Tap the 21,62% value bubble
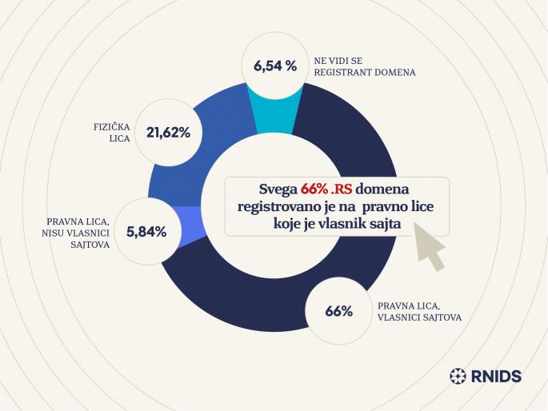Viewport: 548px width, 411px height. click(168, 133)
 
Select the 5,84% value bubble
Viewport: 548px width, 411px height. click(146, 232)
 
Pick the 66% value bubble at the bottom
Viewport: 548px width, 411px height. click(338, 311)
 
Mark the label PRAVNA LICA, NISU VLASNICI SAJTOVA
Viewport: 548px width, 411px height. click(74, 231)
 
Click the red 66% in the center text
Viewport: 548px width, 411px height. click(314, 190)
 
